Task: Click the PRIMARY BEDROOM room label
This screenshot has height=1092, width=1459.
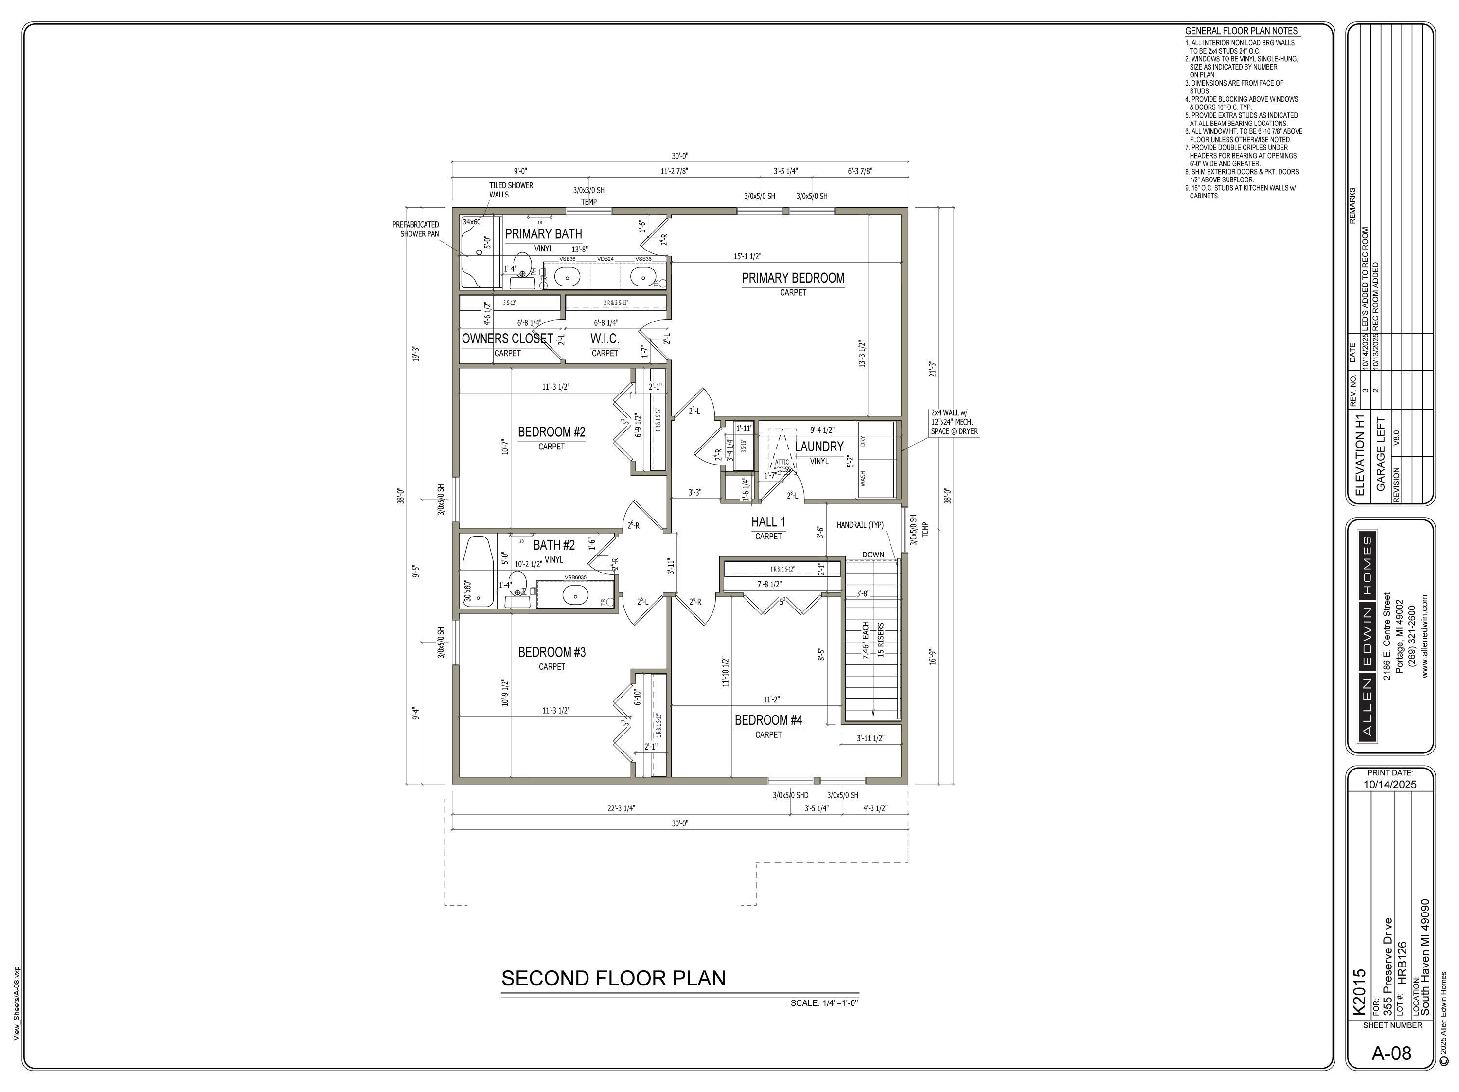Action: click(793, 278)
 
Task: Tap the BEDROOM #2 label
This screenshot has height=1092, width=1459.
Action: click(552, 432)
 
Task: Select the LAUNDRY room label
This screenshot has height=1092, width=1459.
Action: click(818, 447)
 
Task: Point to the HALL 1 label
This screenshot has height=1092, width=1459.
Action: click(768, 522)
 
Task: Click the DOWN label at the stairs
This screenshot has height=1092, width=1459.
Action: click(872, 554)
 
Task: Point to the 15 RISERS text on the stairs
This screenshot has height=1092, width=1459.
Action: click(881, 639)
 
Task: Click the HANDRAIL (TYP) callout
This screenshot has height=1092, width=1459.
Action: click(860, 525)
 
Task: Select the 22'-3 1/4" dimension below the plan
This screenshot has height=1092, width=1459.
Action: click(622, 808)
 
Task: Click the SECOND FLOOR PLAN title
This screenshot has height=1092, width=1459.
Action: click(613, 978)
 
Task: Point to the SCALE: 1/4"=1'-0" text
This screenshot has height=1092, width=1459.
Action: click(824, 1003)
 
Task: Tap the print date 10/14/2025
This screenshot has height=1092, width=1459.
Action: click(1390, 785)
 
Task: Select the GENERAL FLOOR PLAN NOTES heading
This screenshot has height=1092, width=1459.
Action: click(1242, 31)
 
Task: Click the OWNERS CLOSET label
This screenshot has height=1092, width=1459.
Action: click(507, 339)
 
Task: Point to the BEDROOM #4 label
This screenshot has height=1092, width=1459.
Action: click(768, 720)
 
